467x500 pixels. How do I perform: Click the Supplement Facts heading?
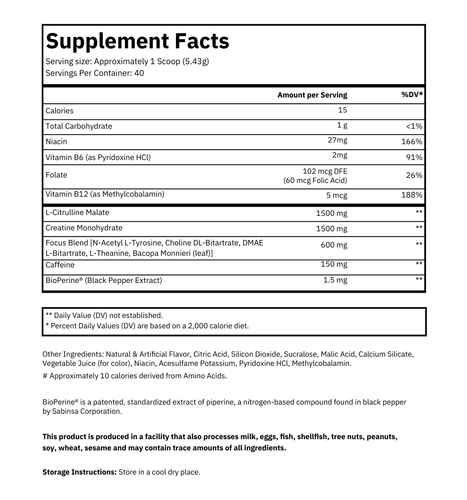pyautogui.click(x=137, y=41)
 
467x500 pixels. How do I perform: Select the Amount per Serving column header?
pyautogui.click(x=312, y=95)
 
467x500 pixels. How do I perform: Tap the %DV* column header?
pyautogui.click(x=412, y=95)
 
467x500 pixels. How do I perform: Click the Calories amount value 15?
pyautogui.click(x=342, y=110)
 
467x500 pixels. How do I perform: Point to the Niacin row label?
pyautogui.click(x=56, y=142)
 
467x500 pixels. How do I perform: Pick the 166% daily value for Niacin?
pyautogui.click(x=412, y=142)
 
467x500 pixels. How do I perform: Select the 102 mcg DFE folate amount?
pyautogui.click(x=325, y=171)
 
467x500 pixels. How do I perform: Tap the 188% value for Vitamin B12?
pyautogui.click(x=412, y=195)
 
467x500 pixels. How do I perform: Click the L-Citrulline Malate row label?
pyautogui.click(x=77, y=212)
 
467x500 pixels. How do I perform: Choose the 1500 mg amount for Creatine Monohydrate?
pyautogui.click(x=331, y=229)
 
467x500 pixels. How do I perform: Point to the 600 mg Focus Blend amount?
pyautogui.click(x=334, y=245)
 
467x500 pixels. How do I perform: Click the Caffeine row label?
pyautogui.click(x=60, y=265)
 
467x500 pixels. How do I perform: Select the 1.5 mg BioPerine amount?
pyautogui.click(x=335, y=280)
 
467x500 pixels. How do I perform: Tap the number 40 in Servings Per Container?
pyautogui.click(x=139, y=73)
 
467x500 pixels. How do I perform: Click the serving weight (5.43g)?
pyautogui.click(x=196, y=61)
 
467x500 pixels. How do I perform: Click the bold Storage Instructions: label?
pyautogui.click(x=79, y=472)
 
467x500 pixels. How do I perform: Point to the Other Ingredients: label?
pyautogui.click(x=73, y=354)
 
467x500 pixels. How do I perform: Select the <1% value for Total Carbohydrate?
pyautogui.click(x=414, y=126)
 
